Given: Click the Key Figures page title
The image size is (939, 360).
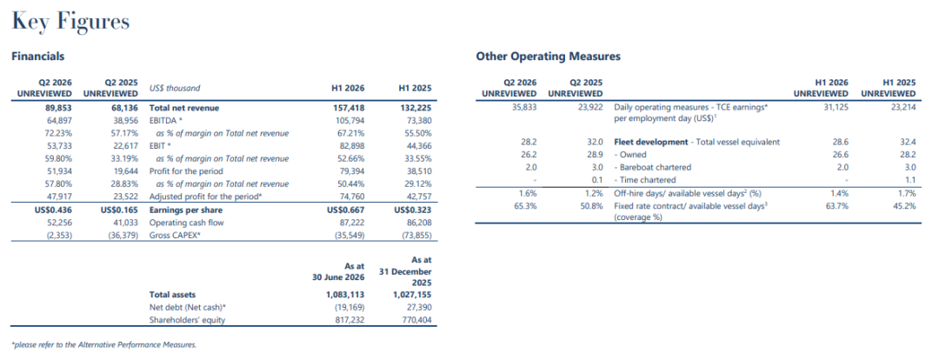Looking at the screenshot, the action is (x=70, y=23).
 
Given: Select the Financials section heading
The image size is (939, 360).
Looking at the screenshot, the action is (x=38, y=57).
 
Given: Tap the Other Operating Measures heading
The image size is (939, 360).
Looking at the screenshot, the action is (x=548, y=57).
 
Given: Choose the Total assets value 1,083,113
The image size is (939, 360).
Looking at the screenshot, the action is (x=345, y=295).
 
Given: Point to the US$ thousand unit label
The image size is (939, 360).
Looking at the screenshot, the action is (x=174, y=88).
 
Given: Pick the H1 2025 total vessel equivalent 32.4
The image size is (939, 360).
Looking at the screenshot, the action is (x=909, y=143).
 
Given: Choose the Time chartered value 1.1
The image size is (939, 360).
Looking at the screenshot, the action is (x=910, y=180).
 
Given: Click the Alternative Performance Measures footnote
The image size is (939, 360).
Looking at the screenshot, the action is (x=104, y=345).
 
